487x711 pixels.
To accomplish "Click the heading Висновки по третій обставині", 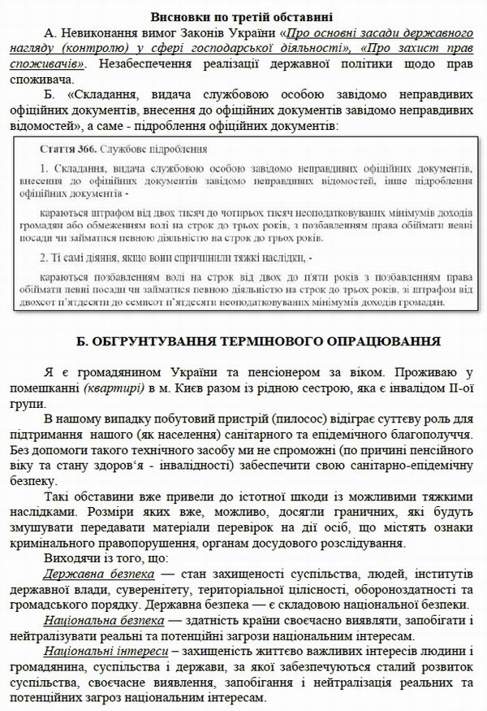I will coord(243,17).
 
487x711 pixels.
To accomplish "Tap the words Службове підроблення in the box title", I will coord(147,150).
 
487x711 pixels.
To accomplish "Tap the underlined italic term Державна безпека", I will coord(91,574).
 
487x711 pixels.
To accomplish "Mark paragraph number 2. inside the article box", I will coord(45,258).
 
